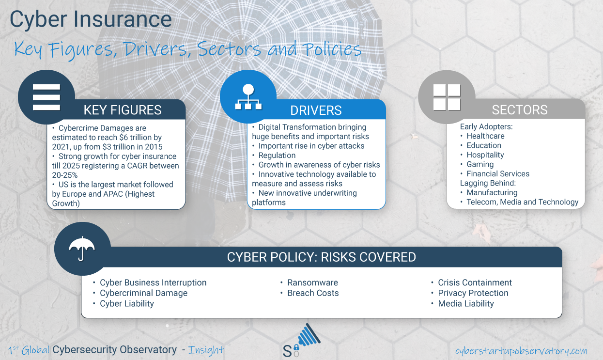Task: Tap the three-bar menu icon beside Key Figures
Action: pyautogui.click(x=46, y=97)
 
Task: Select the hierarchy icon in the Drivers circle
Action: pyautogui.click(x=248, y=97)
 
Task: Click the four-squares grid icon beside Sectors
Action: pyautogui.click(x=447, y=97)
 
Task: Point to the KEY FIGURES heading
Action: pyautogui.click(x=123, y=110)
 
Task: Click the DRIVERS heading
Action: pyautogui.click(x=316, y=110)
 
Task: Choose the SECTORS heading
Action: pyautogui.click(x=520, y=110)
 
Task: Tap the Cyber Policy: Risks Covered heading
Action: pyautogui.click(x=322, y=257)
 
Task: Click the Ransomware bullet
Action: pyautogui.click(x=312, y=282)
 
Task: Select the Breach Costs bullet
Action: pyautogui.click(x=313, y=293)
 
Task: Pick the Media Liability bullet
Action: pyautogui.click(x=466, y=303)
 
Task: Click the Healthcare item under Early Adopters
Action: pyautogui.click(x=485, y=136)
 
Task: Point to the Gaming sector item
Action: pyautogui.click(x=480, y=164)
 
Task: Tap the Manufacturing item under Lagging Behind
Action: pyautogui.click(x=492, y=192)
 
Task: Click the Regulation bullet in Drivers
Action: pyautogui.click(x=277, y=156)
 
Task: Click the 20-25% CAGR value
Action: pyautogui.click(x=65, y=175)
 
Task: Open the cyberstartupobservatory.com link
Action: pyautogui.click(x=521, y=351)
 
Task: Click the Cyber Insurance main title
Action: pyautogui.click(x=91, y=19)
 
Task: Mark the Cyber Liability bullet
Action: pyautogui.click(x=127, y=303)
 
